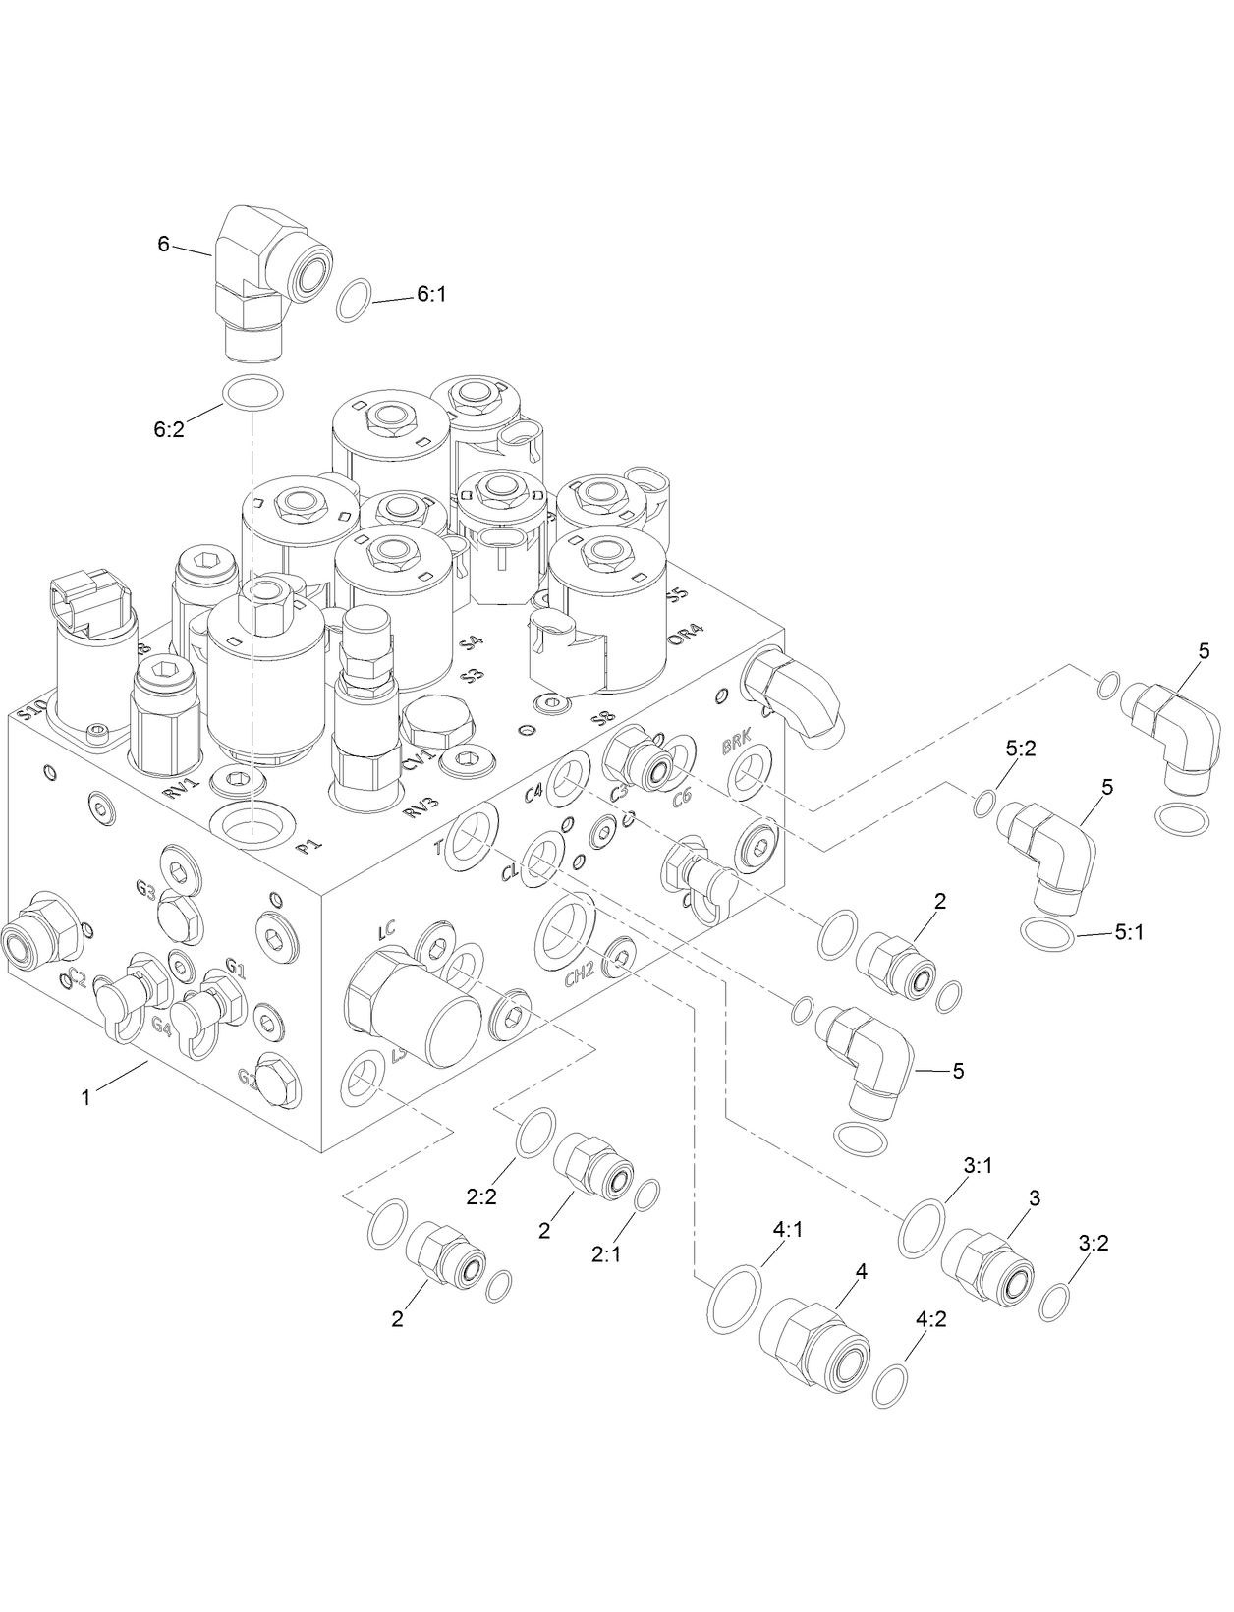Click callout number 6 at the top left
[163, 245]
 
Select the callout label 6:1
[431, 293]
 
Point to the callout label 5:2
[1021, 749]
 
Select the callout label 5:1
[1129, 934]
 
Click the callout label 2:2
[482, 1195]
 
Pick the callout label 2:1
[609, 1254]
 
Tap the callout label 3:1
[978, 1165]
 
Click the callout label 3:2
[1094, 1243]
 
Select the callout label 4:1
[788, 1230]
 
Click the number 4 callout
[862, 1271]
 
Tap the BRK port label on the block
[734, 746]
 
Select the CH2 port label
[580, 976]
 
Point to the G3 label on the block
[145, 891]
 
